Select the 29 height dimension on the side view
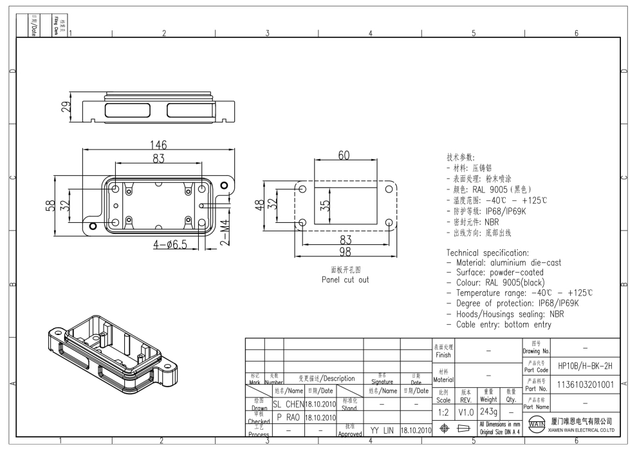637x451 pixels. tap(65, 107)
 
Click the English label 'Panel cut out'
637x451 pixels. tap(346, 280)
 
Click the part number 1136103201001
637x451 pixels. tap(585, 385)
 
